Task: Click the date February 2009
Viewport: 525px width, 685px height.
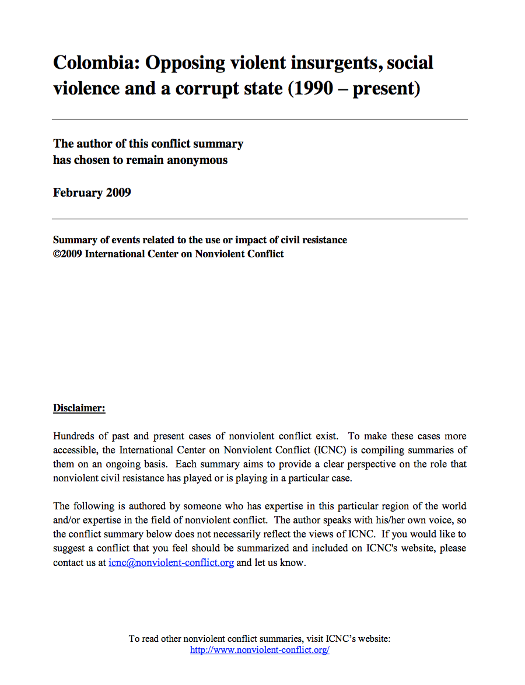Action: [x=92, y=193]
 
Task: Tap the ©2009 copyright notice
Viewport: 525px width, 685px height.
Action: [x=68, y=254]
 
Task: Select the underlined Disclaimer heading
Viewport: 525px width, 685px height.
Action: [x=79, y=408]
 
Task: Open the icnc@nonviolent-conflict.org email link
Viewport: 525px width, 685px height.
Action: [x=171, y=563]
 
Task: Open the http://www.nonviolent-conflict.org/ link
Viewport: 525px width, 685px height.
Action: [x=260, y=649]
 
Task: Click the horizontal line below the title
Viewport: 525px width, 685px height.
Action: [x=260, y=119]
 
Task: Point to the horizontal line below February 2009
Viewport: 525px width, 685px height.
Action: [x=260, y=219]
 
